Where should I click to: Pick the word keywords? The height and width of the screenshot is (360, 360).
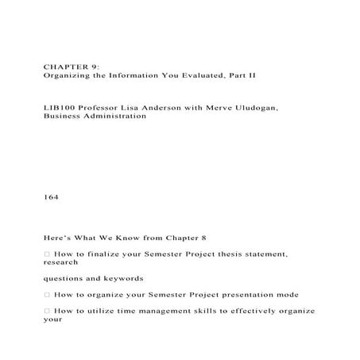[x=122, y=279]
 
